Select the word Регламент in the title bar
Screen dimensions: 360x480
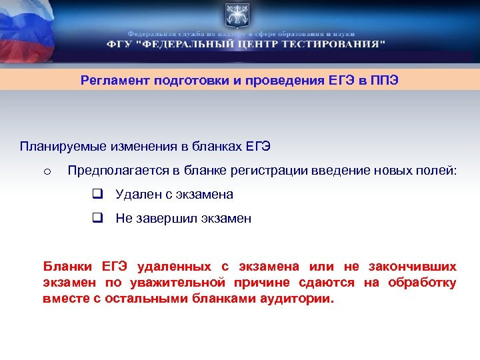(115, 81)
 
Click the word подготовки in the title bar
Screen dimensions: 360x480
(192, 81)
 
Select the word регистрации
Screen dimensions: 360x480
(267, 171)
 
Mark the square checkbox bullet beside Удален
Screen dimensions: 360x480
(97, 195)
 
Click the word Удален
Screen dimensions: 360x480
(138, 195)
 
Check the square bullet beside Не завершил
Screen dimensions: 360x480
(97, 219)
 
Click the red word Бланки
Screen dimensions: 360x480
(65, 267)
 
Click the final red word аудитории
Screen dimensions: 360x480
(299, 299)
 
